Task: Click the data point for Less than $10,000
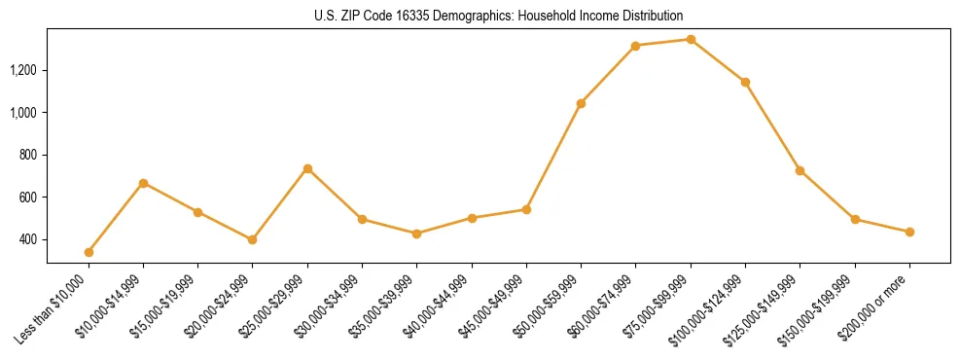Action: (89, 252)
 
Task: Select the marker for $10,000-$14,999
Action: (143, 183)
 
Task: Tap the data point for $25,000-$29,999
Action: (307, 168)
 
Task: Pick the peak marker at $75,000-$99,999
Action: (691, 39)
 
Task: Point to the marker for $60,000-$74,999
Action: (635, 46)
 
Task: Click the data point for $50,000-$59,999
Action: (581, 103)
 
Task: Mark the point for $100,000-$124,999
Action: (745, 82)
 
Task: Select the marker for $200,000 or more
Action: (909, 232)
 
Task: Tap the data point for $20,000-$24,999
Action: (253, 239)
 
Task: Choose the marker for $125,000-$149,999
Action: (800, 170)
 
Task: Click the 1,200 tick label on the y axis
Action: (23, 70)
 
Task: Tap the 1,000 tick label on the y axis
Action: (23, 113)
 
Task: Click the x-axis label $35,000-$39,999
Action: (383, 306)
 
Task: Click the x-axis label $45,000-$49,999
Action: (493, 306)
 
